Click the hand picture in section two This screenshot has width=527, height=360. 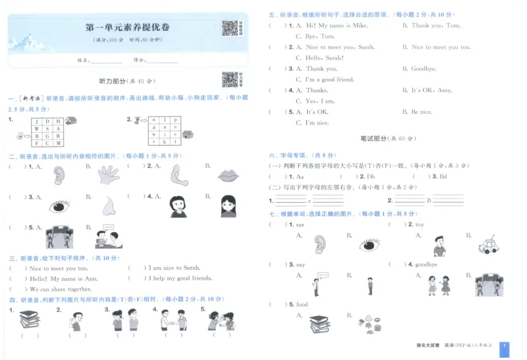click(108, 174)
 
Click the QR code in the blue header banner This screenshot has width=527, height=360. click(229, 28)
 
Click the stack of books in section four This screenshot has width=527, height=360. click(29, 320)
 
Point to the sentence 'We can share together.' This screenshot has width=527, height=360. click(61, 289)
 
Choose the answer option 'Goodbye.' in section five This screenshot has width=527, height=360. click(424, 68)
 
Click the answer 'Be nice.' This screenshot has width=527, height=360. click(422, 112)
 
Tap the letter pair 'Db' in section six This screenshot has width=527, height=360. click(371, 176)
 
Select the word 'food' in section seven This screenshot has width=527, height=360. click(302, 304)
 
